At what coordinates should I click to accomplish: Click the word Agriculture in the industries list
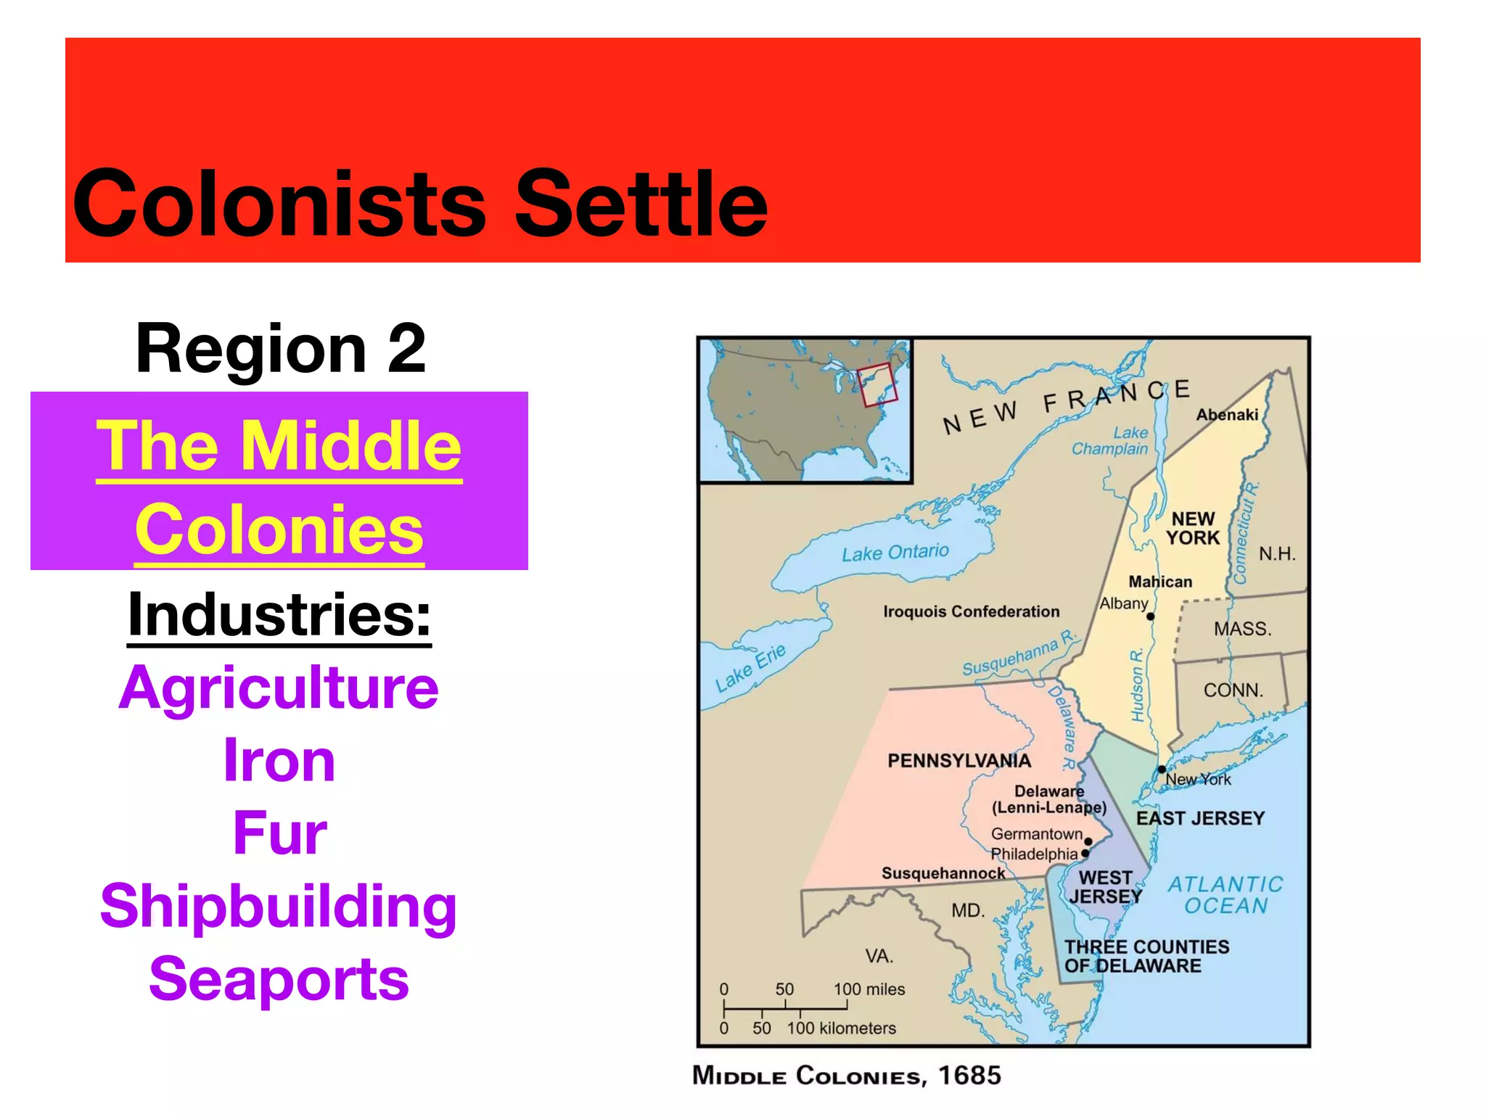click(279, 688)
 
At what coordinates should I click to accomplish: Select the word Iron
click(279, 760)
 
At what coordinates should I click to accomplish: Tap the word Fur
click(280, 833)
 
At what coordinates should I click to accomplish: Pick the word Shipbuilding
click(279, 907)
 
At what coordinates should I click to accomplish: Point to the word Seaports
click(279, 979)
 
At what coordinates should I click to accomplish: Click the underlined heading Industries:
click(279, 615)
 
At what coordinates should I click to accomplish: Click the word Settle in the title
click(641, 204)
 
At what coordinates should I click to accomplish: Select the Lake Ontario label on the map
click(895, 553)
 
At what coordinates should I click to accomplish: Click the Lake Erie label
click(750, 668)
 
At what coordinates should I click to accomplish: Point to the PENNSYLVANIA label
click(959, 761)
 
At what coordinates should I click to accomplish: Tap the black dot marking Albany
click(1150, 616)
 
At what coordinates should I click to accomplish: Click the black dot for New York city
click(1162, 770)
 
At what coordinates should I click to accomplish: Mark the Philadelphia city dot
click(1085, 854)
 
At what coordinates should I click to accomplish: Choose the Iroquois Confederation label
click(971, 611)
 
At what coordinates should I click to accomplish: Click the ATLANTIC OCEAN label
click(1226, 895)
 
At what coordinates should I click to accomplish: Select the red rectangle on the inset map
click(877, 384)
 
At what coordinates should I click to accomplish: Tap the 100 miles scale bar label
click(869, 989)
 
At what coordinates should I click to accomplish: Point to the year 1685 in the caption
click(969, 1075)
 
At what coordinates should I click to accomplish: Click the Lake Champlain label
click(1111, 441)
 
